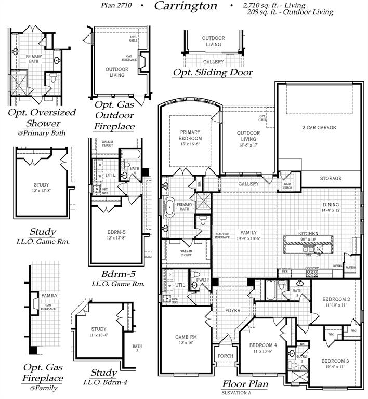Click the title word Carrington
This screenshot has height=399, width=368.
coord(178,6)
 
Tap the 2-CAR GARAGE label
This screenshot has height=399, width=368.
coord(319,127)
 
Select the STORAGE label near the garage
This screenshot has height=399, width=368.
coord(331,178)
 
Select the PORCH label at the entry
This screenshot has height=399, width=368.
coord(226,356)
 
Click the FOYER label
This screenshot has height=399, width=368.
coord(232,311)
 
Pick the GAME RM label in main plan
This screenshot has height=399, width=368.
coord(186,337)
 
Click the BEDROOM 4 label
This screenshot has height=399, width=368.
coord(263,345)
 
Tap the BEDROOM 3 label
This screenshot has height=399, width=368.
coord(335,361)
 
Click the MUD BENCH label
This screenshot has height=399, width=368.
coord(287,185)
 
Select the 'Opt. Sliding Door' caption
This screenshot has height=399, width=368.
coord(213,73)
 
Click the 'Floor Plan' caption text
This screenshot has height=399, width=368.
coord(245,384)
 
